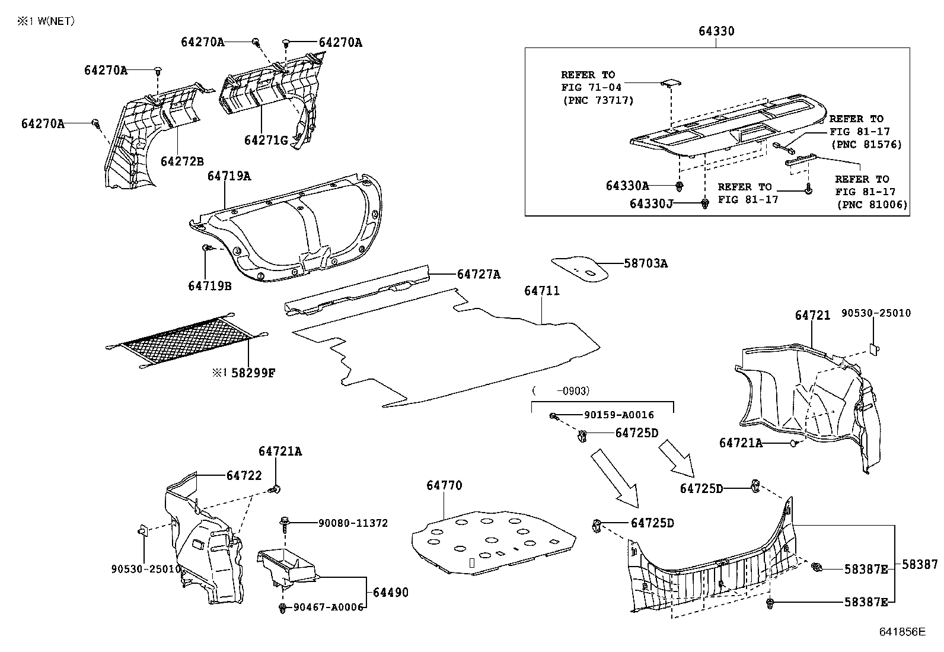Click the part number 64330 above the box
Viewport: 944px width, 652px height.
point(716,31)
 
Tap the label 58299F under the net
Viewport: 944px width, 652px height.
point(253,373)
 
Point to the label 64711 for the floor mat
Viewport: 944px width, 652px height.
point(541,291)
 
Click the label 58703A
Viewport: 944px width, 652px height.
point(645,263)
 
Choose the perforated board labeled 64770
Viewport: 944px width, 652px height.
point(492,540)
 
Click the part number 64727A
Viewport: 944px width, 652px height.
point(479,274)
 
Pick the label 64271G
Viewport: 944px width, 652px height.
point(266,140)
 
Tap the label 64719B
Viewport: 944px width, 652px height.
point(210,286)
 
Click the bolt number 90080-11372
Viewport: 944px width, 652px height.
point(353,523)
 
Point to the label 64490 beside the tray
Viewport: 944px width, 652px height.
point(390,592)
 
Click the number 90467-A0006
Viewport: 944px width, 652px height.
point(328,608)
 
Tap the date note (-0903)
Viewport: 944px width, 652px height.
point(560,390)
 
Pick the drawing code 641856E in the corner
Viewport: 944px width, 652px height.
point(902,632)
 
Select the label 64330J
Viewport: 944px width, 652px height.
point(651,204)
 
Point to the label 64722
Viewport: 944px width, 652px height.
point(244,476)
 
